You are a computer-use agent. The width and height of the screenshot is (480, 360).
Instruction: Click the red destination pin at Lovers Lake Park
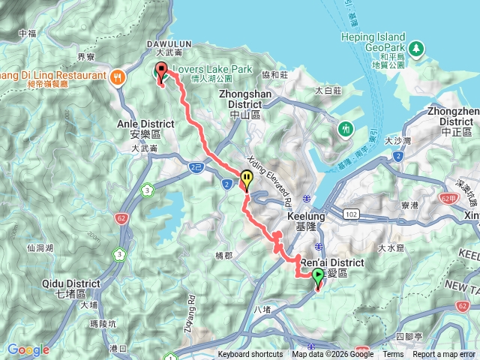click(160, 72)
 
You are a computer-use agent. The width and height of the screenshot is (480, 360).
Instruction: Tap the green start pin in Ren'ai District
click(318, 279)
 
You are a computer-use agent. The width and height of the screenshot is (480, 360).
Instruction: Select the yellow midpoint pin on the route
click(247, 178)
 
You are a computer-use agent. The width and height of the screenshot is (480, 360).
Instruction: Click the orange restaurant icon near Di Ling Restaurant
click(118, 76)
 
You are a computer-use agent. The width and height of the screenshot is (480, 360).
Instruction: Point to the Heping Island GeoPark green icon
click(415, 49)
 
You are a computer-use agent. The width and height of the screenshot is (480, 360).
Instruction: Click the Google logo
click(28, 349)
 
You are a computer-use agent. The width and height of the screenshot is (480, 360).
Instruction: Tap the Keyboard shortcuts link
click(250, 355)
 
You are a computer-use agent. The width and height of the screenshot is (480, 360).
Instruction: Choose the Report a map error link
click(444, 355)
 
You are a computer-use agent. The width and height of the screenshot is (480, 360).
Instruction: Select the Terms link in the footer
click(393, 355)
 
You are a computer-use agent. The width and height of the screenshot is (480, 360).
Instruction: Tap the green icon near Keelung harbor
click(346, 128)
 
